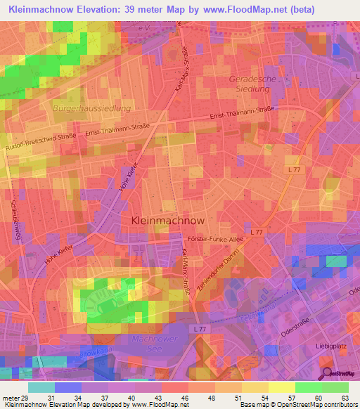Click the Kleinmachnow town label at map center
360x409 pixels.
pyautogui.click(x=168, y=220)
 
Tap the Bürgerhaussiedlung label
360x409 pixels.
pyautogui.click(x=91, y=109)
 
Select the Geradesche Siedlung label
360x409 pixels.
pyautogui.click(x=250, y=84)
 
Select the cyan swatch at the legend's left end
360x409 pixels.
pyautogui.click(x=41, y=387)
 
